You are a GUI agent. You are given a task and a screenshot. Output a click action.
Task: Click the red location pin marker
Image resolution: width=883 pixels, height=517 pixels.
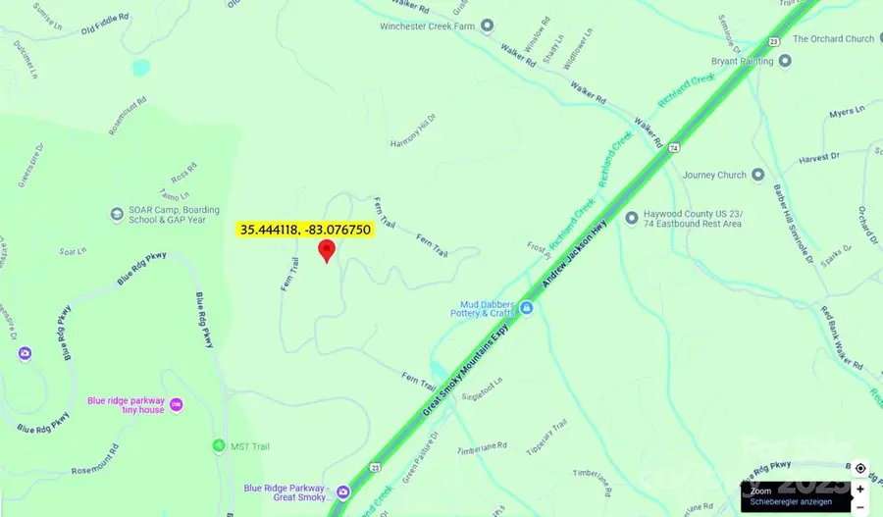[327, 250]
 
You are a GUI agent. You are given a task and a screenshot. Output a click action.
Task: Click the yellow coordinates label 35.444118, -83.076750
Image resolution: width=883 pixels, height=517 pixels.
[305, 229]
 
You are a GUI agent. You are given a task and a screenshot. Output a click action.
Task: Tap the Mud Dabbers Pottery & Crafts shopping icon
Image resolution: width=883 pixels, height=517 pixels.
[527, 308]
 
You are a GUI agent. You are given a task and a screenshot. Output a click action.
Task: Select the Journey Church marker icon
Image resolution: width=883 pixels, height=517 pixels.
[757, 175]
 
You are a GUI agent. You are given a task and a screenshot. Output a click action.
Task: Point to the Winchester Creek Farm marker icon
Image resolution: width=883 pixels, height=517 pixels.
[487, 26]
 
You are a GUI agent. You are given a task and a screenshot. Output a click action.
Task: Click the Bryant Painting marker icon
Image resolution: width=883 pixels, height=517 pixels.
[784, 61]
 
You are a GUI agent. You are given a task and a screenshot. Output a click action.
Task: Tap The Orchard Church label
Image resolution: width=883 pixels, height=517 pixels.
[833, 39]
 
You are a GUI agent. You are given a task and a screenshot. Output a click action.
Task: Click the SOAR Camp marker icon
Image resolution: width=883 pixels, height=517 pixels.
[118, 214]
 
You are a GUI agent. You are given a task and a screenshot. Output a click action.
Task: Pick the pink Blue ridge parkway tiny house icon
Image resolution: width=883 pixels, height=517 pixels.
[176, 404]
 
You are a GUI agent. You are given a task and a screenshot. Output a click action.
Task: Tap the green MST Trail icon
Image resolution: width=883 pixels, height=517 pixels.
[218, 446]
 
